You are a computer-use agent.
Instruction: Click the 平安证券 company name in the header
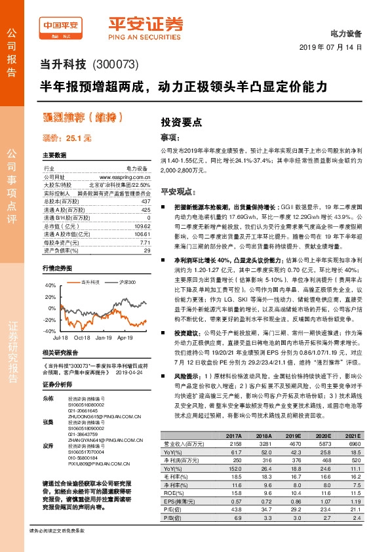pos(145,24)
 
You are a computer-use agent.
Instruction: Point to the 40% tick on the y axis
pos(50,286)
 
